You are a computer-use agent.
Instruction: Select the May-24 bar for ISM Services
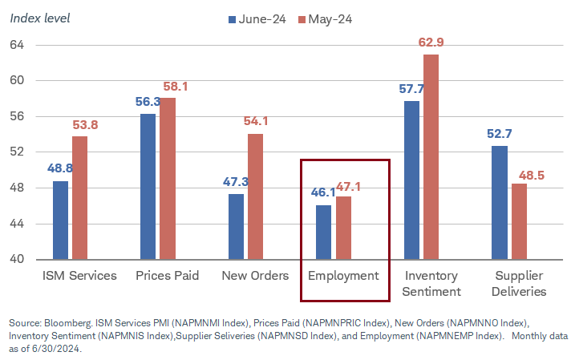79,198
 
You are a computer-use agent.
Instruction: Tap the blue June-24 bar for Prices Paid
148,187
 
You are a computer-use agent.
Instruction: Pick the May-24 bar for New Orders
255,196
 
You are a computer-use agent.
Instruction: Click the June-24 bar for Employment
324,233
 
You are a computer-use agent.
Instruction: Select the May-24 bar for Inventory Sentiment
431,157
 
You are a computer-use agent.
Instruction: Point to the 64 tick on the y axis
18,45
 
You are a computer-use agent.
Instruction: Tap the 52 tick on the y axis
18,152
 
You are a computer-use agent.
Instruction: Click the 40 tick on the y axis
18,260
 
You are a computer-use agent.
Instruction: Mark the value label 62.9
432,42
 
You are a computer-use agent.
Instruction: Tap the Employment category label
343,276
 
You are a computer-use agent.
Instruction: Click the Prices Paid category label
168,276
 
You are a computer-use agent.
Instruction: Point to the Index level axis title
39,18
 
